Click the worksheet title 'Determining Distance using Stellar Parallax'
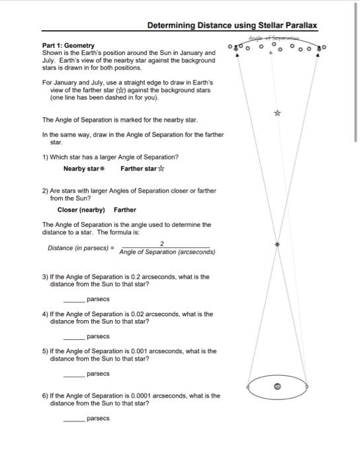232,26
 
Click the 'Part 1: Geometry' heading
68,46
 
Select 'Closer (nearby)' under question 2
81,210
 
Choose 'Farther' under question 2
125,210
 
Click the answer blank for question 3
73,300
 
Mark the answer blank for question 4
73,337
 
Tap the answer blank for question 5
73,374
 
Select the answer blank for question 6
73,418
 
